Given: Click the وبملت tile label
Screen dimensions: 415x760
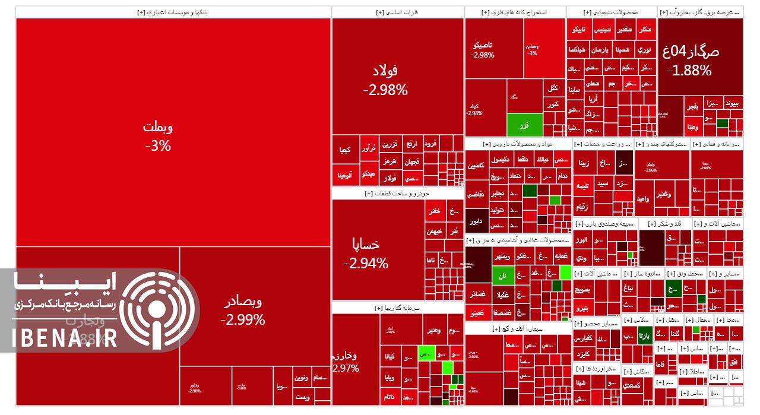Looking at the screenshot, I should [158, 127].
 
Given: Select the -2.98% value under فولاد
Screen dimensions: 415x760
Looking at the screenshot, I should [385, 90].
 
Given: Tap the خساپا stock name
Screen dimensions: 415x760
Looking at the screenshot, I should [366, 244].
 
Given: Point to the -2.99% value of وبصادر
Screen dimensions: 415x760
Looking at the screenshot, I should [242, 320].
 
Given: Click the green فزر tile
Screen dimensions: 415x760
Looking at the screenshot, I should [524, 125].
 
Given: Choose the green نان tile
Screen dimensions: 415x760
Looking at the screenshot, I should [502, 276].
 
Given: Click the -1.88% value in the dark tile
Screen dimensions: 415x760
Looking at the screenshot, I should [689, 71].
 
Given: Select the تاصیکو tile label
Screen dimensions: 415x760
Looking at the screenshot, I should [482, 45].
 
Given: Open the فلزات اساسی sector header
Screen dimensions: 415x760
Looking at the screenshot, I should [397, 12].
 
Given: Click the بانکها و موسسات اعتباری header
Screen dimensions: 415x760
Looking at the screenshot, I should [173, 12].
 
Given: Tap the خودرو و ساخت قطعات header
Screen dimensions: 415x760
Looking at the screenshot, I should [397, 194].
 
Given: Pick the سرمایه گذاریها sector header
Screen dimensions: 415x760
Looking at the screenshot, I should [397, 308].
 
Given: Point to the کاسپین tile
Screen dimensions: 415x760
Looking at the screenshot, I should [476, 166].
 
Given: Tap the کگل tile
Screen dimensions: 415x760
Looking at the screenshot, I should [553, 88].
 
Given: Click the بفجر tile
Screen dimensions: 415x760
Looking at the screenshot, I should [692, 107].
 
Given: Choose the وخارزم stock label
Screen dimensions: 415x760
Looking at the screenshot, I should [344, 356].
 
